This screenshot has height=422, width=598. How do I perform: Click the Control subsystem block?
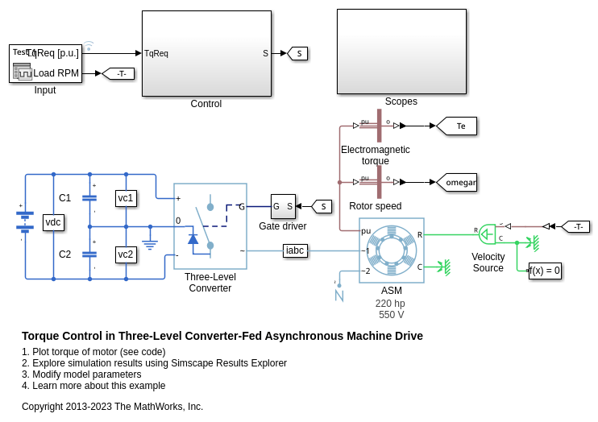[x=206, y=53]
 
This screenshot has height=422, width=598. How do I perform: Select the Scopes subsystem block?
[x=401, y=52]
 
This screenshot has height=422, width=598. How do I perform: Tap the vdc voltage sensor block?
[x=53, y=222]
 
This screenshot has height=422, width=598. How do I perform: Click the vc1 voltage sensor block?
[x=126, y=198]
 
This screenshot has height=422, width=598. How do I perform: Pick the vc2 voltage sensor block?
[x=126, y=254]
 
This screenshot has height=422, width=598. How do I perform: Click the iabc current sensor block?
[x=295, y=250]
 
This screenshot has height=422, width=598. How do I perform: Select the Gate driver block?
[x=283, y=206]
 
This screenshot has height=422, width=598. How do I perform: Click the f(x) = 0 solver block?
[x=545, y=271]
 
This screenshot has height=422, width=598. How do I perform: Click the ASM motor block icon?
[x=392, y=250]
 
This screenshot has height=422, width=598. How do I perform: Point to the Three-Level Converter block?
[x=210, y=226]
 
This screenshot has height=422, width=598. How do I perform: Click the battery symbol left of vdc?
[x=25, y=221]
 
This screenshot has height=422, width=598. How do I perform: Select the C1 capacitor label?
[x=65, y=198]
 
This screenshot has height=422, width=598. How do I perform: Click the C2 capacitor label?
[x=65, y=254]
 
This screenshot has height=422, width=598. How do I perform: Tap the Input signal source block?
[x=45, y=64]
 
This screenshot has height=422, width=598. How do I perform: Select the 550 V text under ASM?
[x=392, y=315]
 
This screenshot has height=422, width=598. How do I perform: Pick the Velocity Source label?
[x=488, y=263]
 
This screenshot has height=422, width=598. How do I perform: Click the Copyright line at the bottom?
[x=112, y=407]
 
